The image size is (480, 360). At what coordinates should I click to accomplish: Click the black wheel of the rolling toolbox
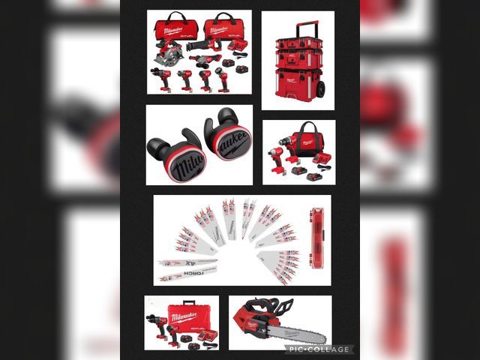tap(320, 88)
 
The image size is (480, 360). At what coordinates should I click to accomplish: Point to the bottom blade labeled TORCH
tap(187, 276)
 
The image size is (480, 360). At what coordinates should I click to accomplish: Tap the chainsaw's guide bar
tap(297, 334)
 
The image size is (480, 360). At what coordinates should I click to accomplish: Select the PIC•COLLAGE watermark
tap(326, 349)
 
